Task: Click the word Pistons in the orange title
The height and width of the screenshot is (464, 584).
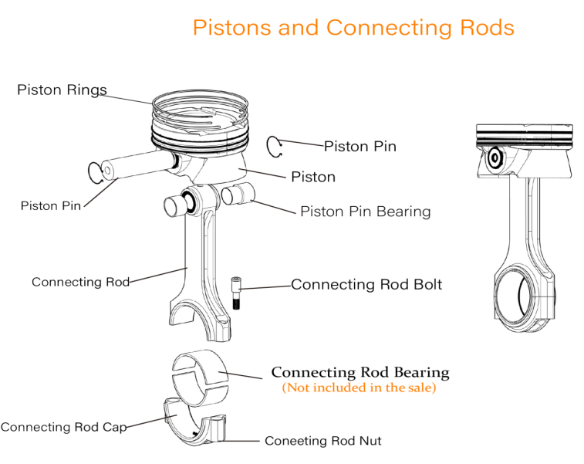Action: [231, 28]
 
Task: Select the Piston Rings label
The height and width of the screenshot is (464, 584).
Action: [62, 90]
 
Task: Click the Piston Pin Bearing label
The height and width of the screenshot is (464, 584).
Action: [365, 211]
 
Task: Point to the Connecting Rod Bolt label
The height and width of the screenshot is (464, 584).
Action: [366, 284]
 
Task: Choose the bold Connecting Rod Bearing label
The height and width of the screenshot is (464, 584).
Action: [360, 373]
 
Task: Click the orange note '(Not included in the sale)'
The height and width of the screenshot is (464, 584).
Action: [359, 388]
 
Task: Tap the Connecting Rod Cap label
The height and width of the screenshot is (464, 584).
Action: [63, 427]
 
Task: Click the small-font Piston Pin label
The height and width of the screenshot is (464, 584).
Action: [50, 205]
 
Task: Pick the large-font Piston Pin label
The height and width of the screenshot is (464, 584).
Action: [360, 146]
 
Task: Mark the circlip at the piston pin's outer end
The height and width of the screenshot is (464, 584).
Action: [96, 172]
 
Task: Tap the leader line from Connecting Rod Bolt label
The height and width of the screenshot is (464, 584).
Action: [266, 286]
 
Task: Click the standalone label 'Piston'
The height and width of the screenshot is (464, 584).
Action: [312, 177]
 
